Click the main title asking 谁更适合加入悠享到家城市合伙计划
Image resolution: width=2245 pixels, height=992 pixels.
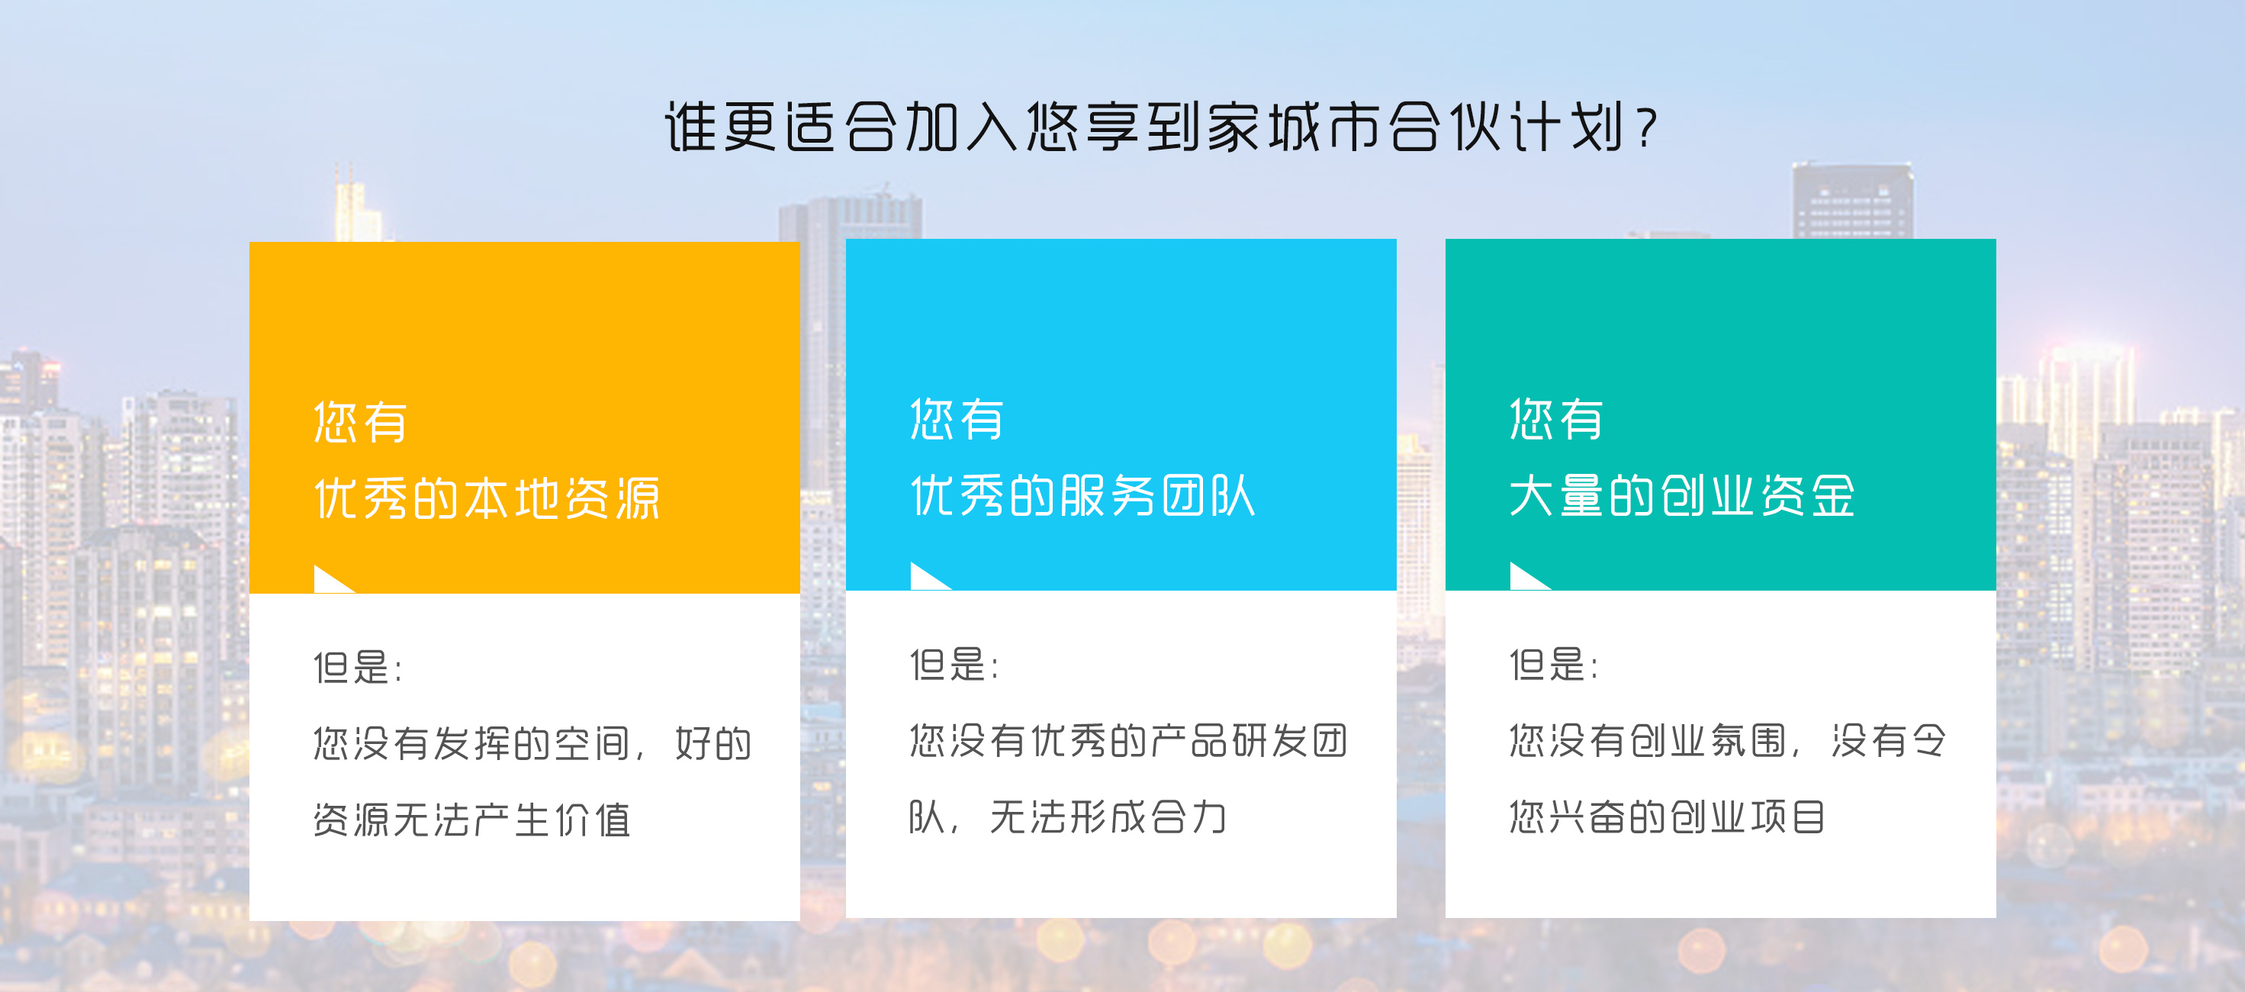click(1160, 127)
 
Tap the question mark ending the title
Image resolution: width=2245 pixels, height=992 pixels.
click(1645, 129)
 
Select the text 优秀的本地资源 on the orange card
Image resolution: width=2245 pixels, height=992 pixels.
click(486, 498)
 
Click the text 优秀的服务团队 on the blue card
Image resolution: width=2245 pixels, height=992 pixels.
click(1082, 495)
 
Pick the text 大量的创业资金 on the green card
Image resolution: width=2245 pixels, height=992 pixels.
click(1682, 495)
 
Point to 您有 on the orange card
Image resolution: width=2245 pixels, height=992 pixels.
click(361, 423)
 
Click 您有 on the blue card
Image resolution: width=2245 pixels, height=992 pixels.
click(957, 419)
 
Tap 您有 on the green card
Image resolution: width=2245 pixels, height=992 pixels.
click(1556, 419)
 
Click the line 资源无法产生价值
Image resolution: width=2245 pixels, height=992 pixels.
click(471, 820)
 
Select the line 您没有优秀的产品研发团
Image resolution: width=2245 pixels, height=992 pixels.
click(1128, 741)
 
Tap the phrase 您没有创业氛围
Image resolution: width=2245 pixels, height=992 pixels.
click(1648, 741)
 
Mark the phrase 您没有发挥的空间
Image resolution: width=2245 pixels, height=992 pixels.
click(471, 743)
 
